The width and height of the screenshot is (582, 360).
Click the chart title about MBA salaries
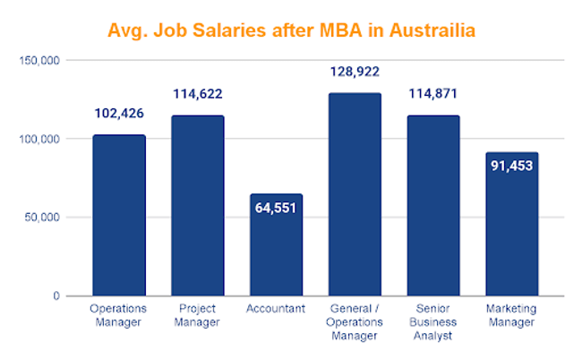(291, 30)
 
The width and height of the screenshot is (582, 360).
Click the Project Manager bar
(198, 206)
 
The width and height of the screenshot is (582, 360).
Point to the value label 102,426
(119, 114)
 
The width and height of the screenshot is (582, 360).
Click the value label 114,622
(198, 93)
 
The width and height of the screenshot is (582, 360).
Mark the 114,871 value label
(433, 93)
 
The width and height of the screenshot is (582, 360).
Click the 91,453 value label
(512, 166)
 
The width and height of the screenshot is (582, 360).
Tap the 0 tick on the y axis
(56, 296)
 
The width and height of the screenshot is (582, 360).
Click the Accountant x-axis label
(276, 309)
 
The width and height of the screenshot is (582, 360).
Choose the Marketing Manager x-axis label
(512, 315)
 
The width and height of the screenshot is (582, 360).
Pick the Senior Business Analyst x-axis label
(433, 321)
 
